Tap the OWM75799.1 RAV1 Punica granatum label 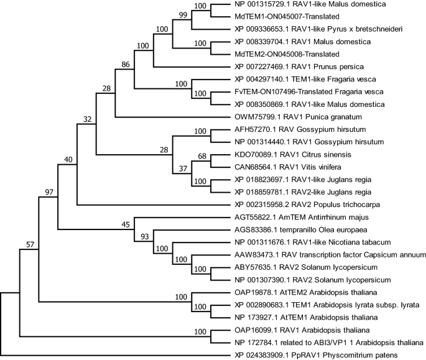280,116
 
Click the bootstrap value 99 182,14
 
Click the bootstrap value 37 182,169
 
